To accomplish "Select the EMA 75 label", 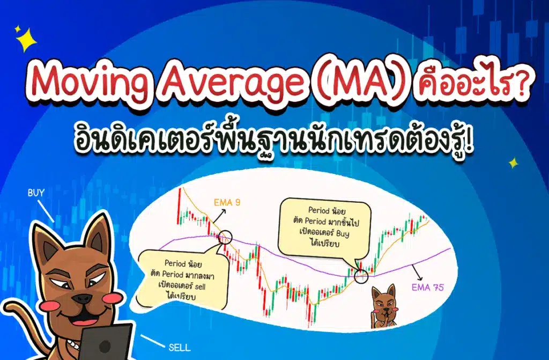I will (427, 288).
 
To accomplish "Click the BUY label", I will (36, 192).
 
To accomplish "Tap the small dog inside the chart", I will (384, 306).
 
